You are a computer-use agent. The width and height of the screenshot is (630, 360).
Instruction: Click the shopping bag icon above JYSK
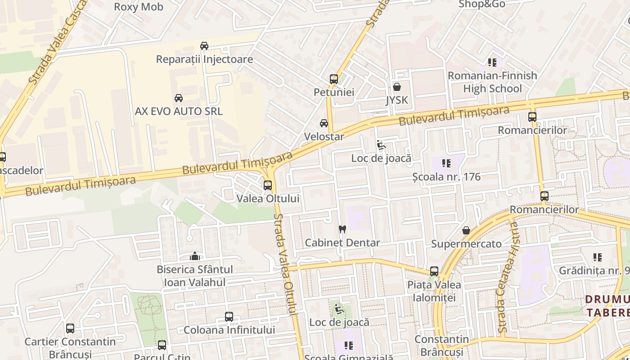396,87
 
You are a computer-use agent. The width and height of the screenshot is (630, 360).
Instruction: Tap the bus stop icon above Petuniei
333,79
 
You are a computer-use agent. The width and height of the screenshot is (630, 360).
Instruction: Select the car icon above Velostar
324,123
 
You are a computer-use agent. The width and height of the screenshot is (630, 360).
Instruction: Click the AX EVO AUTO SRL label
179,111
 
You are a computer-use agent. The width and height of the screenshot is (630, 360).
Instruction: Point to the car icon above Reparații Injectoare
204,46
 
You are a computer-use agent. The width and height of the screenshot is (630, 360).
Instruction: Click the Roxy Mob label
139,7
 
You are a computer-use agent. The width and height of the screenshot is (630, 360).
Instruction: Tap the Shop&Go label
482,4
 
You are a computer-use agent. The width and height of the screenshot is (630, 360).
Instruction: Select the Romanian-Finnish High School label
492,82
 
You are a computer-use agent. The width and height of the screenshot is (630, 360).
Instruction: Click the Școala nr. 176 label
446,177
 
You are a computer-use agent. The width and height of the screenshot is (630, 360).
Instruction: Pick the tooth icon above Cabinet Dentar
342,229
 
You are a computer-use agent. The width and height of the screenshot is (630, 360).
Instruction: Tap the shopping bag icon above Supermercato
466,230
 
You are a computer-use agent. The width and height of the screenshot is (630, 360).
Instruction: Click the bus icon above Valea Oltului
268,185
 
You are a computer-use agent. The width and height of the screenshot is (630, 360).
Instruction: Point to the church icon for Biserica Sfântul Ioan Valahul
195,256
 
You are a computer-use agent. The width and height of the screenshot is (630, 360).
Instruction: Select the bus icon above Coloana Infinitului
229,317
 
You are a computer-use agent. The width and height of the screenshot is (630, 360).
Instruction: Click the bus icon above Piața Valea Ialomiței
434,271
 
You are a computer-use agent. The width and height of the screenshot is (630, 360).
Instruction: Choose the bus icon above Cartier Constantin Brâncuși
70,328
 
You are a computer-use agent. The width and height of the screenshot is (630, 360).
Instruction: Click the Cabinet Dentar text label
342,243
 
